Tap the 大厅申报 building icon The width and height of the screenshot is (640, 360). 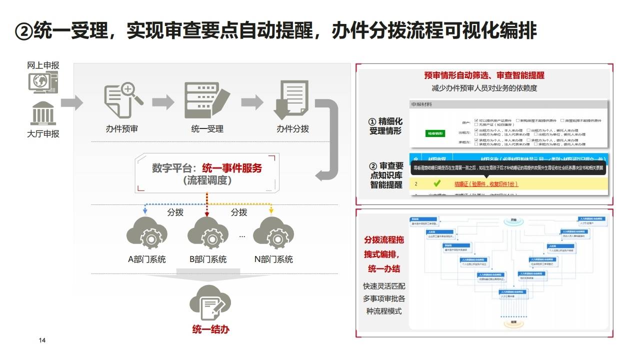(43, 113)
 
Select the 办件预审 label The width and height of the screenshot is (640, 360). (121, 129)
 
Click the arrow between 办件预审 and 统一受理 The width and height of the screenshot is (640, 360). (163, 102)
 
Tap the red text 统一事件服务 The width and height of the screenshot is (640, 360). (232, 168)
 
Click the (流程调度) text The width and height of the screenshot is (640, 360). (207, 181)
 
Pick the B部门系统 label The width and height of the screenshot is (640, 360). (207, 259)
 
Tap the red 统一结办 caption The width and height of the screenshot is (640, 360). (210, 329)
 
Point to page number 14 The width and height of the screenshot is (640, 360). (42, 340)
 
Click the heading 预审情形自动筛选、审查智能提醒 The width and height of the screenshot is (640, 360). (484, 75)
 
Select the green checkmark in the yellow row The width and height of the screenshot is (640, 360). (436, 184)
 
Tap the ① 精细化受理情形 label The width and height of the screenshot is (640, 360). (385, 126)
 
